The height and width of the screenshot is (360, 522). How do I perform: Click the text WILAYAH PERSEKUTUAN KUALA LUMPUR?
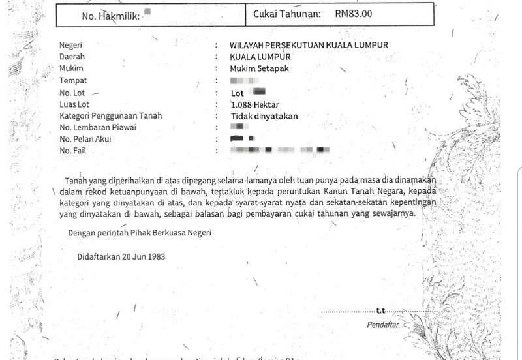click(309, 45)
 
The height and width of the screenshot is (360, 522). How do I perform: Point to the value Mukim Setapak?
click(259, 68)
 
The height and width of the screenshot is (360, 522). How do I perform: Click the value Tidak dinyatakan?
click(264, 116)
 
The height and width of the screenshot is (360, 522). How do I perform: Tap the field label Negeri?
click(72, 45)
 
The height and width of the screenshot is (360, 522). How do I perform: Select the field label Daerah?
click(72, 57)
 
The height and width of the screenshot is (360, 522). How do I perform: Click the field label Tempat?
click(73, 81)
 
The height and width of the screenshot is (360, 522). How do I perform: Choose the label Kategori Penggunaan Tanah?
click(110, 116)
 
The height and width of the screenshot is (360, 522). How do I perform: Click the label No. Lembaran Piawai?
click(97, 128)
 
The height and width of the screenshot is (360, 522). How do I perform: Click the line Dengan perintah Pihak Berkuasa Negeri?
click(140, 233)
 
